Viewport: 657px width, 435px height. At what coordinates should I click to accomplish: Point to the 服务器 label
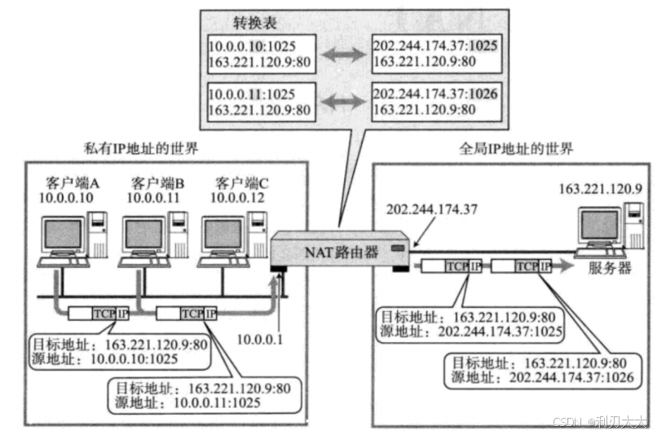click(610, 269)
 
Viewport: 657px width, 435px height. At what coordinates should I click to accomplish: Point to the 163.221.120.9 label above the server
click(600, 189)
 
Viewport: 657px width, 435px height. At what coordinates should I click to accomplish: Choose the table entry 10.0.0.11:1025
click(259, 94)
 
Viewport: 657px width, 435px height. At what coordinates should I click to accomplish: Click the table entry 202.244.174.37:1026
click(434, 94)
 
